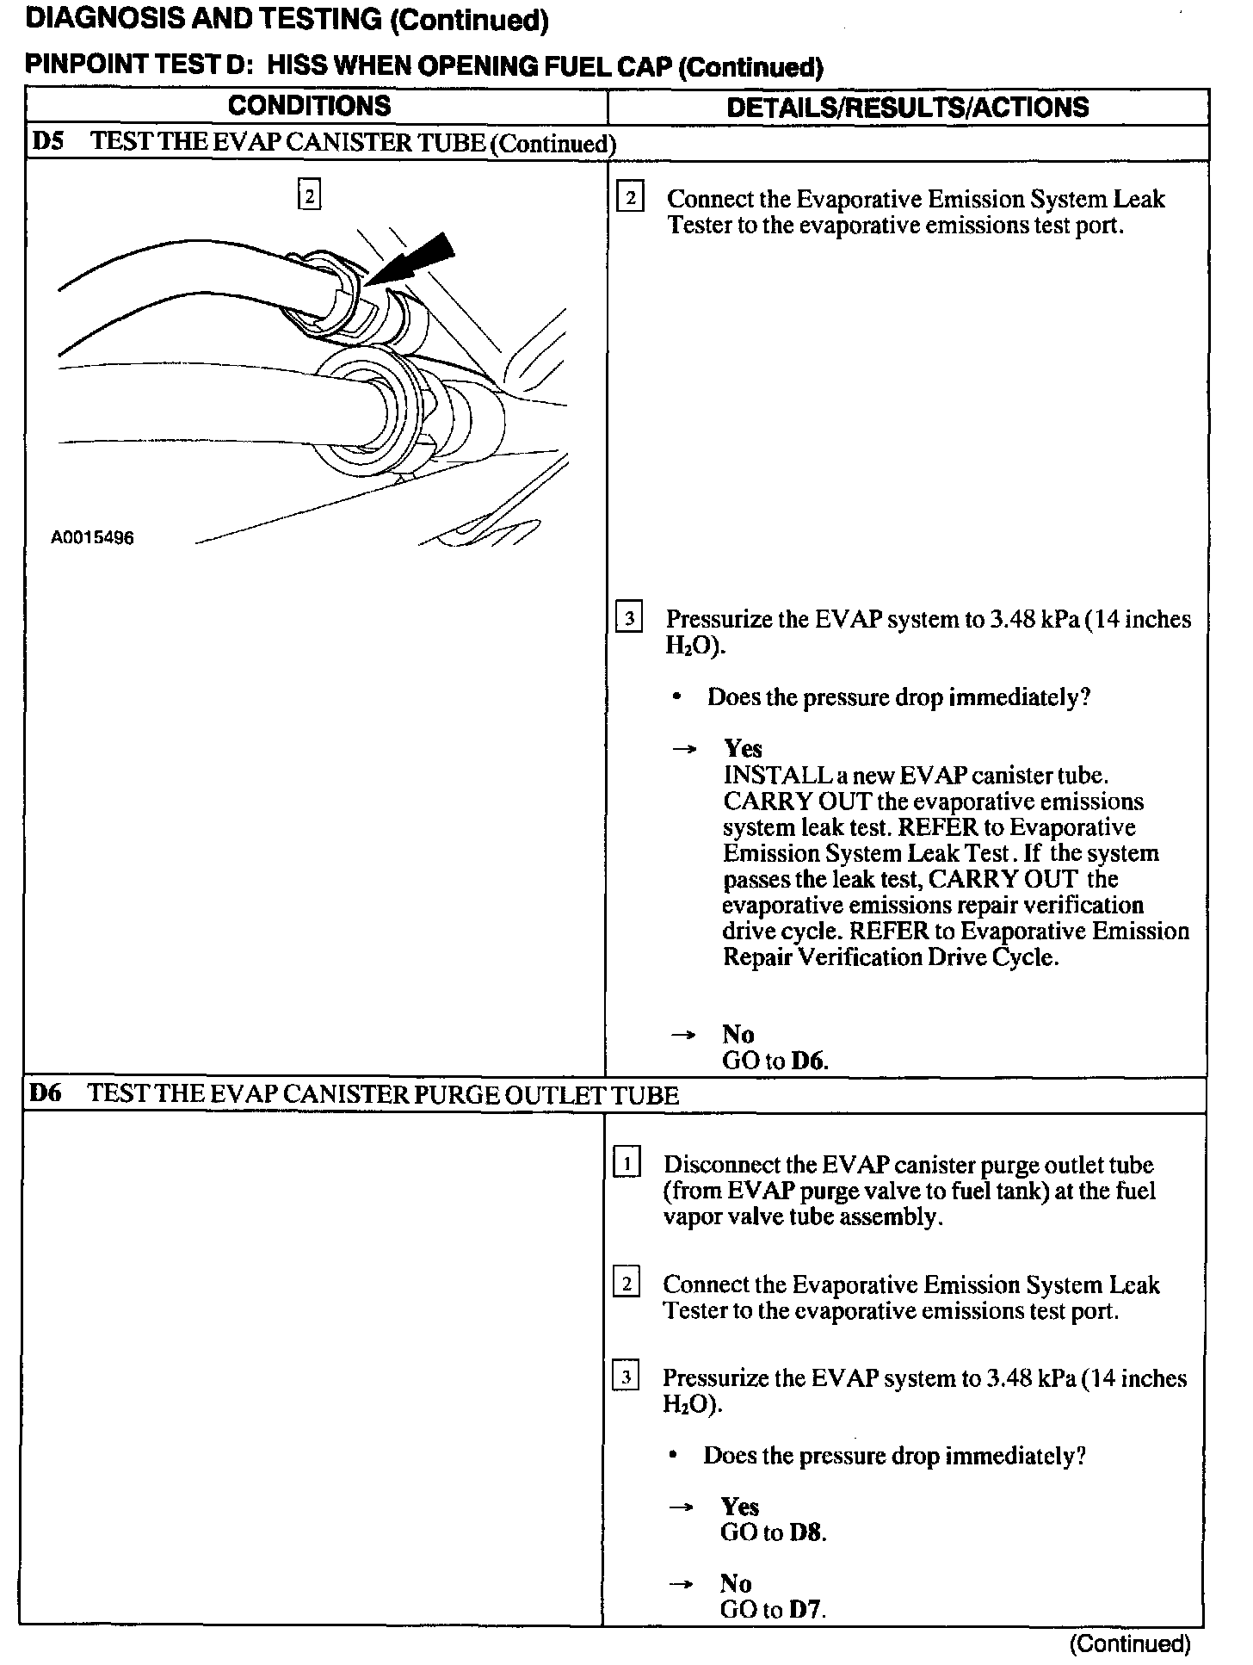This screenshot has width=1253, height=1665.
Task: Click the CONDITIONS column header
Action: tap(309, 106)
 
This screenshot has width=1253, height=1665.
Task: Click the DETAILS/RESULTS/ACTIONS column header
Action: tap(907, 107)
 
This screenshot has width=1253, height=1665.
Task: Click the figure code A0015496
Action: tap(92, 538)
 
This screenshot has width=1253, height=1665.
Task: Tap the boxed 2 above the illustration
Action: tap(309, 195)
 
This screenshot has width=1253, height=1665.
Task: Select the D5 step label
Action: tap(48, 142)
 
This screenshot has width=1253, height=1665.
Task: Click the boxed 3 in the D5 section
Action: tap(629, 619)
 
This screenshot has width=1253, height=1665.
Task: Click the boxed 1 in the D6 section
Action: tap(626, 1165)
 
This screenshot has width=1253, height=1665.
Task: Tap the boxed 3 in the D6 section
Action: tap(626, 1377)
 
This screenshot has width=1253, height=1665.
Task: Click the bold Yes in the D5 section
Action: tap(743, 748)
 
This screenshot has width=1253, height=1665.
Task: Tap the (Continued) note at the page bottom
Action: tap(1129, 1643)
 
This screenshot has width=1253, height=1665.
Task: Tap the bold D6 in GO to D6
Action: tap(809, 1061)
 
